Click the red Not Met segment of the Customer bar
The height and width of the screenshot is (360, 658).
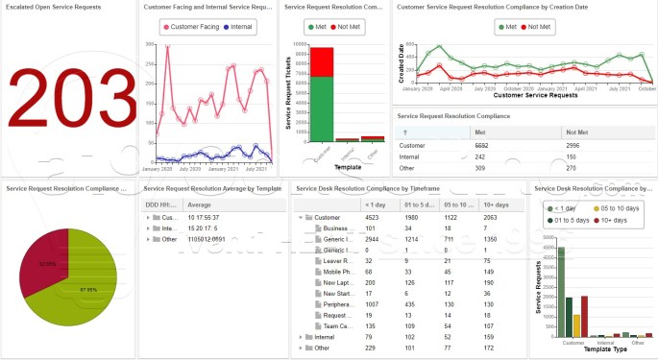tap(322, 61)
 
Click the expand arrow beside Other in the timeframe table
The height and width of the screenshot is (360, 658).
tap(303, 348)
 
